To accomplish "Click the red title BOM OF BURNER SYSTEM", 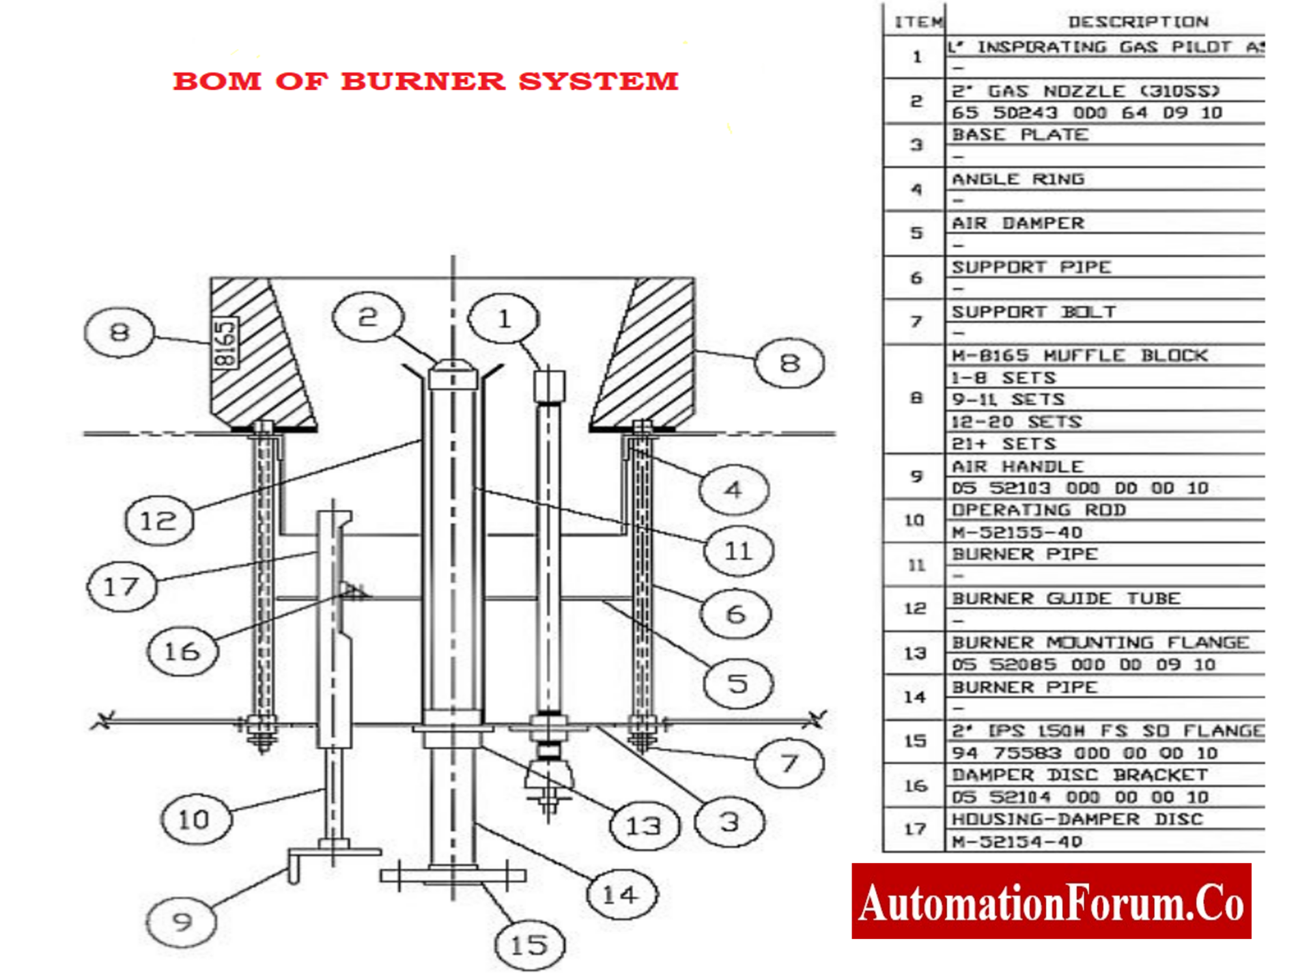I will [425, 81].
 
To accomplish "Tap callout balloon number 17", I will [122, 587].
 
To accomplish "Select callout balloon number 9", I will [182, 922].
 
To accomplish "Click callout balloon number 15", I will [529, 945].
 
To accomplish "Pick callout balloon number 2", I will [368, 317].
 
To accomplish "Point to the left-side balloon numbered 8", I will [119, 333].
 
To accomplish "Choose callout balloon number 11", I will [738, 550].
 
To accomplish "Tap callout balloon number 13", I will [643, 826].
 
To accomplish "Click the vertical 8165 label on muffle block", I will [225, 343].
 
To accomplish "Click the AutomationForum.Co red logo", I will [1051, 901].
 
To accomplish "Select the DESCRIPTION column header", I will [1138, 22].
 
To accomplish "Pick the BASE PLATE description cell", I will [1020, 135].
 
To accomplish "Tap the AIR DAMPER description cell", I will [1017, 223].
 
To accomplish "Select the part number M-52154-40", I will [1017, 841].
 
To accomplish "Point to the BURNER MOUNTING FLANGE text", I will [1099, 643].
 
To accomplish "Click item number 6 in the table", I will [916, 278].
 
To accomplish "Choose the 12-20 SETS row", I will [1016, 422].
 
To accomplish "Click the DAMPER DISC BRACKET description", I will [1079, 775].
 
